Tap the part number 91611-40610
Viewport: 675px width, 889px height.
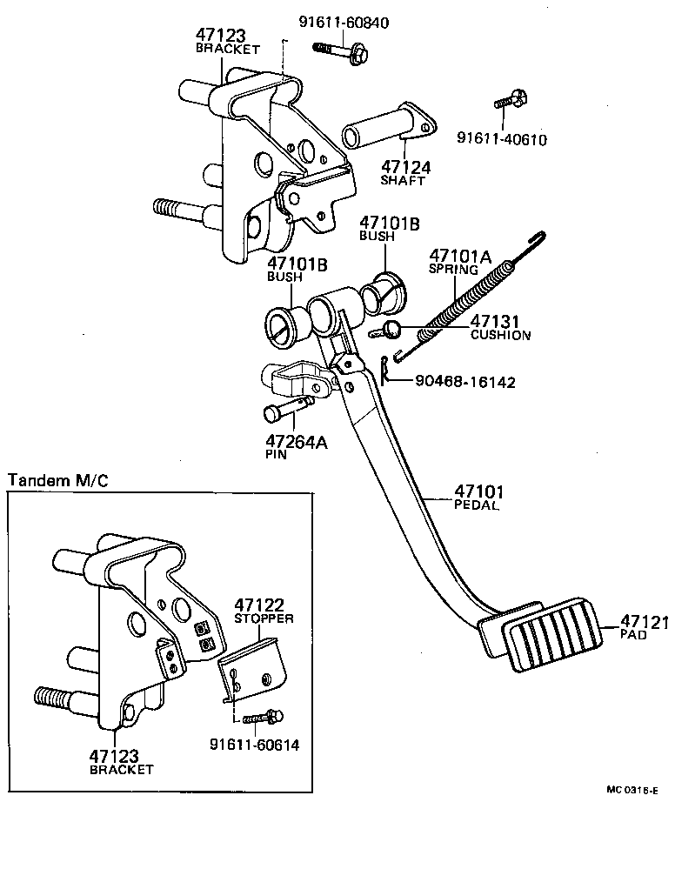point(502,138)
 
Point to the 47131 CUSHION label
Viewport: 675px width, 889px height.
point(499,328)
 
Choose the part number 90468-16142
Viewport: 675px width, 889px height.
point(464,381)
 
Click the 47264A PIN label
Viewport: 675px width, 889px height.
point(296,446)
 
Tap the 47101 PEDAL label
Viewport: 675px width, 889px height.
point(478,497)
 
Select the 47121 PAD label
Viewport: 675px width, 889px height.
point(643,627)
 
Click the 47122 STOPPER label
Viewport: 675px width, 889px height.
point(263,610)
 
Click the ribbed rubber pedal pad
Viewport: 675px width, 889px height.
point(552,642)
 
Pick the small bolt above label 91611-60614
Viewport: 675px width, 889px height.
point(260,718)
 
